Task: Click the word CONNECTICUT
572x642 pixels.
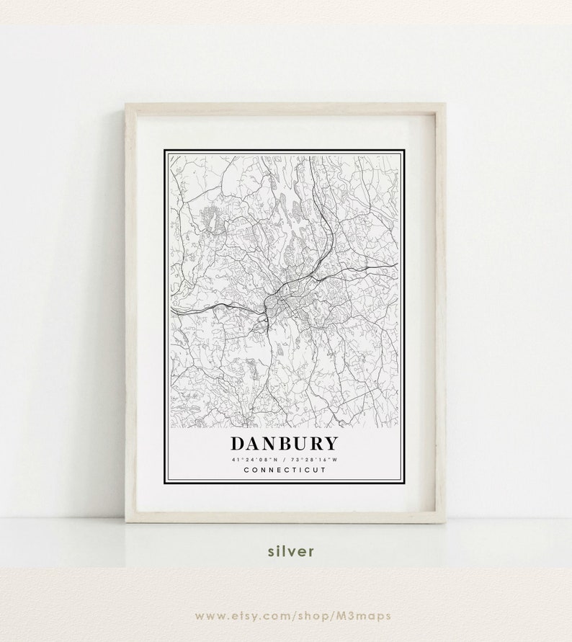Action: (284, 471)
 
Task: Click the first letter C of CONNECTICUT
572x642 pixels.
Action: (246, 471)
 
